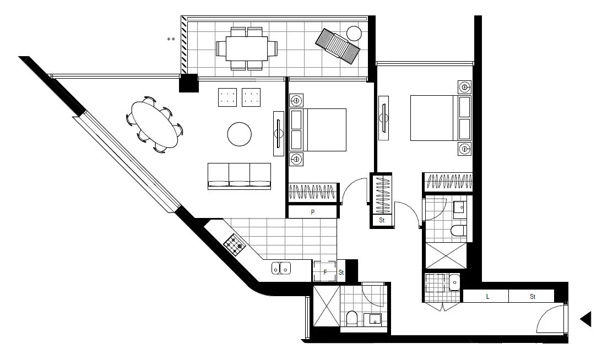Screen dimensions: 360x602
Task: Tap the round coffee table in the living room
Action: [x=240, y=134]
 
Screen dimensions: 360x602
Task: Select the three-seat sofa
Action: [x=239, y=176]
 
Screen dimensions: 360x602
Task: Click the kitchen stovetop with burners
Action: [x=235, y=245]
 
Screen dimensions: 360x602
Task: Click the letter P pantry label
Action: [x=312, y=212]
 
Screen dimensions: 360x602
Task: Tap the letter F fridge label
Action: [x=325, y=272]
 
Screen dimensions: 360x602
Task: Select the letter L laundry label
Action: [x=487, y=297]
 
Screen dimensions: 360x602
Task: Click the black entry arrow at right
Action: [x=587, y=319]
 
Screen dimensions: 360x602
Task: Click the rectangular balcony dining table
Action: [x=242, y=48]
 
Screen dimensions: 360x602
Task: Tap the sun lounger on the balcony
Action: [x=338, y=46]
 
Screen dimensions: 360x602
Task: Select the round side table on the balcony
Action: [x=354, y=33]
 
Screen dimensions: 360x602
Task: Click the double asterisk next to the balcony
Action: [x=171, y=40]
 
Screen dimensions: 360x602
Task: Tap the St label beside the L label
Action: [x=533, y=297]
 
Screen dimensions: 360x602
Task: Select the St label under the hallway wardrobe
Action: [x=382, y=220]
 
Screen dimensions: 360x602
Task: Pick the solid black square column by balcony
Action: [x=189, y=83]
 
